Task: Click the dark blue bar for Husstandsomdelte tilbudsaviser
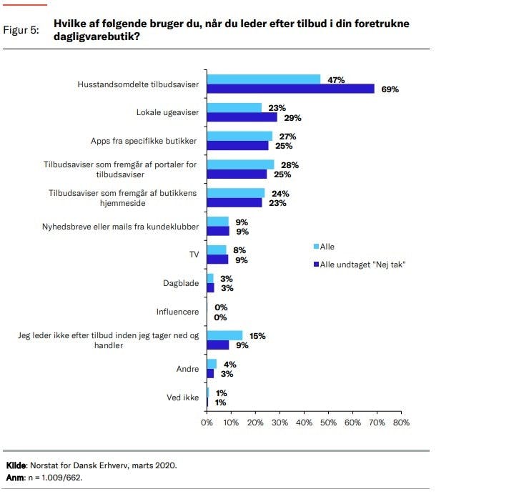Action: point(290,89)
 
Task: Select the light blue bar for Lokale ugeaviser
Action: point(234,107)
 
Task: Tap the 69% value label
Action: point(389,89)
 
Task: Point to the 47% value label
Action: point(336,79)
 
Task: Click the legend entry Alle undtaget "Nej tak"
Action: point(362,264)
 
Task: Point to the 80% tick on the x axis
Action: point(401,423)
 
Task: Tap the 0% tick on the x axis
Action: point(207,423)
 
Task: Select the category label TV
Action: point(192,255)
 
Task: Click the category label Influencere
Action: point(178,312)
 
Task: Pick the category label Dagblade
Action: point(181,283)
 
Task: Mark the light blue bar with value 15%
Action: point(225,335)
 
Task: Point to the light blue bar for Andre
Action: point(212,364)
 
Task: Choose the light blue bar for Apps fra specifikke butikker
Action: point(239,136)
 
